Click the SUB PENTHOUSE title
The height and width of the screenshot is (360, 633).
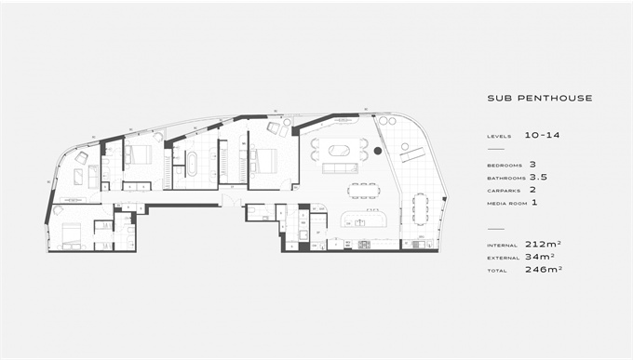coord(540,98)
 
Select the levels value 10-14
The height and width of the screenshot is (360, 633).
coord(542,135)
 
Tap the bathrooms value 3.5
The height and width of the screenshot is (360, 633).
coord(538,177)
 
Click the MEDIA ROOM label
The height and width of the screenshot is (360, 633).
coord(507,204)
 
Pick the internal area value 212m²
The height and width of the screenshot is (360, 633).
coord(543,244)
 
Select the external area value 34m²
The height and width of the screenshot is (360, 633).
coord(540,256)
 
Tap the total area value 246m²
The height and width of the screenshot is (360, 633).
coord(544,269)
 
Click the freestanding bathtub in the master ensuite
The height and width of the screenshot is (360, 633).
coord(192,164)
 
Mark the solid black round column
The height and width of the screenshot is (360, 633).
coord(377,151)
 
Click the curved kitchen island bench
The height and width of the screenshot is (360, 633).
coord(364,220)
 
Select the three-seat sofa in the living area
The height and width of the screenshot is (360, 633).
coord(340,167)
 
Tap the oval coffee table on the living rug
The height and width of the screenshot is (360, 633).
coord(339,151)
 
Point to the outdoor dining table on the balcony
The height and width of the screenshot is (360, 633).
coord(420,208)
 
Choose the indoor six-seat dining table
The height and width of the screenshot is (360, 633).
coord(364,191)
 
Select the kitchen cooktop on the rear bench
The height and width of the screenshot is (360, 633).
coord(364,244)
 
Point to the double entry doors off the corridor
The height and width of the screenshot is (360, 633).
coord(231,201)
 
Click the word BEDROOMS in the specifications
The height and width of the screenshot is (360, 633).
coord(505,166)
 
